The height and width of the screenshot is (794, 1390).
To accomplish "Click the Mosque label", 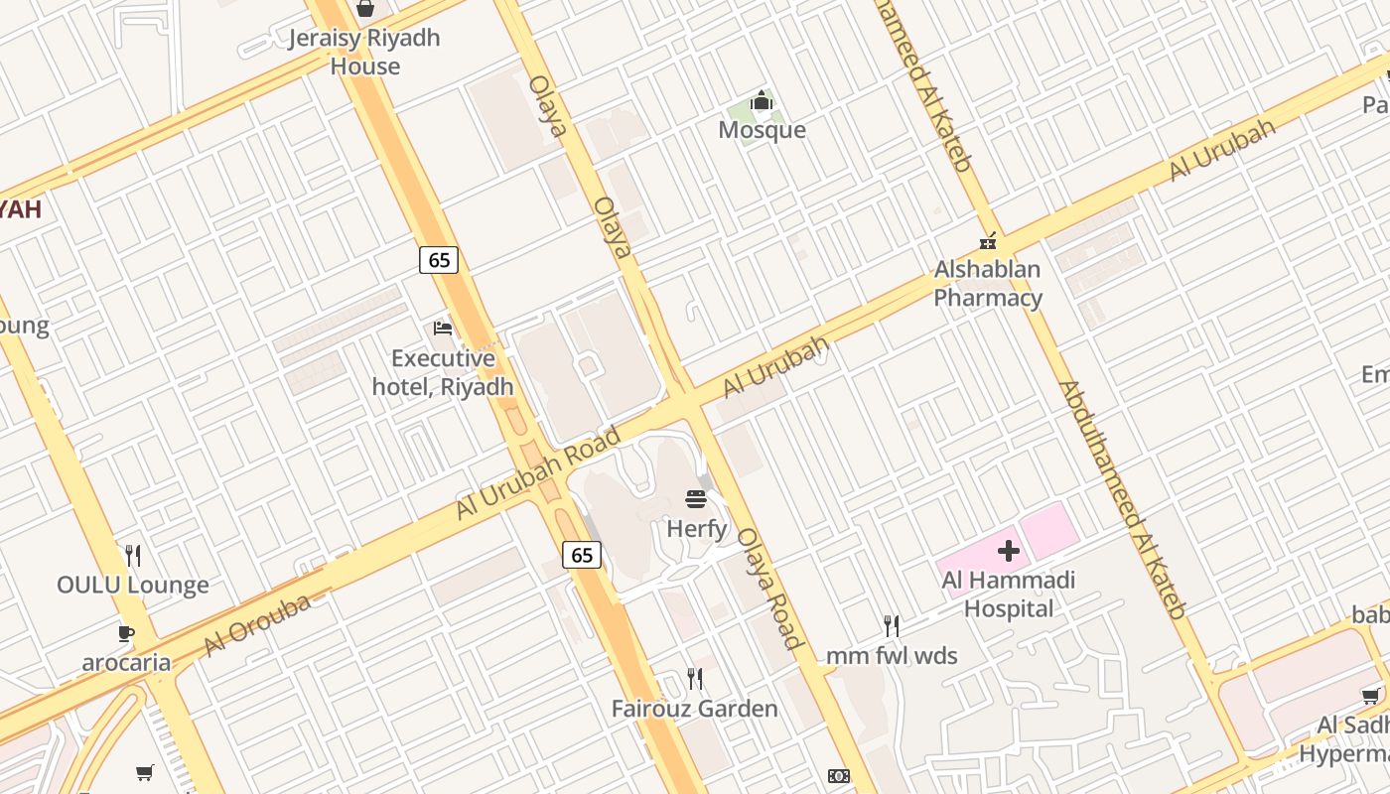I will click(x=762, y=130).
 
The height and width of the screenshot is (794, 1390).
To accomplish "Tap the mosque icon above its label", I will click(x=762, y=101).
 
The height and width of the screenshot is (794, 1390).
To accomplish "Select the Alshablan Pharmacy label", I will click(x=988, y=284).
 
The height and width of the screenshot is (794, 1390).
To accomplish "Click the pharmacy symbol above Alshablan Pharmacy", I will click(x=988, y=240).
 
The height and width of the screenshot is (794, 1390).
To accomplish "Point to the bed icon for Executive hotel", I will click(x=443, y=328).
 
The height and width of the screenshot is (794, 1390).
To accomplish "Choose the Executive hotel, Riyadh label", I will click(x=443, y=372).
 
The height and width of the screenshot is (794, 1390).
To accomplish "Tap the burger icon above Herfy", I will click(x=696, y=499).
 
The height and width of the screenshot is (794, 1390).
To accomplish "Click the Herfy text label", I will click(x=696, y=529).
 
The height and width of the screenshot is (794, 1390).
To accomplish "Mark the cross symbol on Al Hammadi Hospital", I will click(x=1009, y=551).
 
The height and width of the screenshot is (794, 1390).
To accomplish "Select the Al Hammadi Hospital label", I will click(x=1009, y=594).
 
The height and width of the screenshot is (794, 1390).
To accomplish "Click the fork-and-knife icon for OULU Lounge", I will click(x=133, y=555).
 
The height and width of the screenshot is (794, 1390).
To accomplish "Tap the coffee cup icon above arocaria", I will click(x=126, y=632).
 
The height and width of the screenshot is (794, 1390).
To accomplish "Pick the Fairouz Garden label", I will click(x=694, y=709).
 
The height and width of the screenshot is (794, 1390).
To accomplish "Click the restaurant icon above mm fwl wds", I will click(x=892, y=625).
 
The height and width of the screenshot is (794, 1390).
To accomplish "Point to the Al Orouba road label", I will click(x=256, y=624).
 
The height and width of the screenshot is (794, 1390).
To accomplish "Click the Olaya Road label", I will click(x=770, y=589).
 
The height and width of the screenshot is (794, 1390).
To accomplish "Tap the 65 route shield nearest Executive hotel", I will click(x=439, y=260).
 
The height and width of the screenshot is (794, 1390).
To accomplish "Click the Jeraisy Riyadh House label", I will click(x=364, y=52).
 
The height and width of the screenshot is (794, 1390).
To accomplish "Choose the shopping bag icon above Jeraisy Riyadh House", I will click(x=364, y=9).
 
